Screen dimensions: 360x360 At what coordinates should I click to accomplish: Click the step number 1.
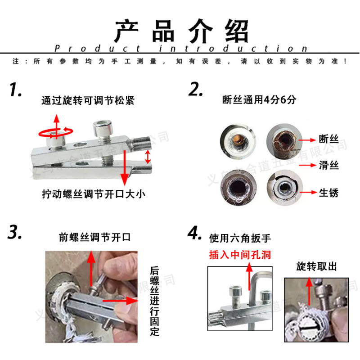tap(16, 90)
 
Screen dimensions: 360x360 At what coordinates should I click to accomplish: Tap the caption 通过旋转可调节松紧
tap(88, 101)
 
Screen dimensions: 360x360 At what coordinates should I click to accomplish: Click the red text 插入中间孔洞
tap(240, 255)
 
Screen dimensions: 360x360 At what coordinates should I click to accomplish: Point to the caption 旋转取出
tap(316, 266)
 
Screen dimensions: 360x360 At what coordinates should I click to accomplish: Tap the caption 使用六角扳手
tap(240, 238)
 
